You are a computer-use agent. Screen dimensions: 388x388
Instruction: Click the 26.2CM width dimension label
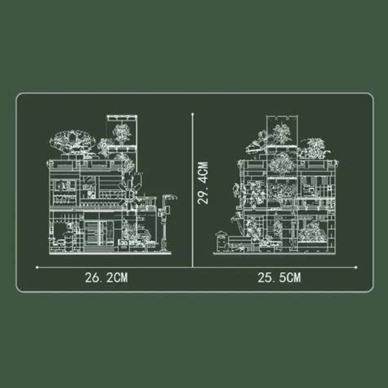point(106,278)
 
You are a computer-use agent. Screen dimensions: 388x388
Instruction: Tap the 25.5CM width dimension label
point(279,278)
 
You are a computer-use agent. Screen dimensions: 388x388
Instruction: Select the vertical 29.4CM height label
point(203,183)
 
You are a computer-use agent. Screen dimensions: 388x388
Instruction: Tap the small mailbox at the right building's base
point(221,240)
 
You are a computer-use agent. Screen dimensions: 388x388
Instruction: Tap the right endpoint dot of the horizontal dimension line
point(357,266)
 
